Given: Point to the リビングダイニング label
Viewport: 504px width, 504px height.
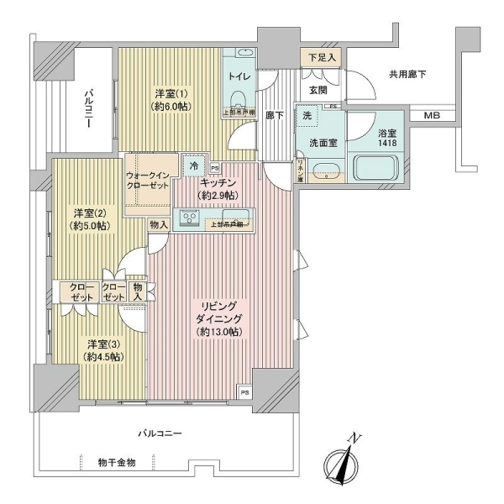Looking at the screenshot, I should click(221, 318).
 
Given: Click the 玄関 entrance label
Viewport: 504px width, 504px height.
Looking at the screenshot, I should click(318, 89).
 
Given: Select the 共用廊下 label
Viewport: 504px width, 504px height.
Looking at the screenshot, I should click(407, 75).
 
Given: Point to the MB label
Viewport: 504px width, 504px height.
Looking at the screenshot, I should click(431, 115).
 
